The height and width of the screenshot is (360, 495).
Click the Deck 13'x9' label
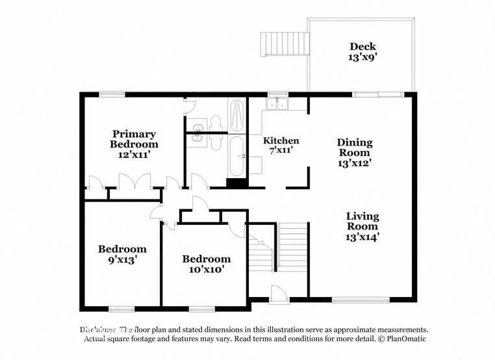tap(362, 51)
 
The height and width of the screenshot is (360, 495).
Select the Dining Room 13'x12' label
tap(354, 153)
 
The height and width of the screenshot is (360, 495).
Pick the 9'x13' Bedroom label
tap(122, 253)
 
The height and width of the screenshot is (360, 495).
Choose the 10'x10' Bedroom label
tap(205, 264)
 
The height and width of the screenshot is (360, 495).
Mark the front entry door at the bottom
tap(278, 294)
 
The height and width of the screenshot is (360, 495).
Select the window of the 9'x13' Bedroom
tap(121, 308)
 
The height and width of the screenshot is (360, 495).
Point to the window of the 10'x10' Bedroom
tap(201, 308)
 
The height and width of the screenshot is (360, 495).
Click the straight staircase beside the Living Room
tap(292, 247)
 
